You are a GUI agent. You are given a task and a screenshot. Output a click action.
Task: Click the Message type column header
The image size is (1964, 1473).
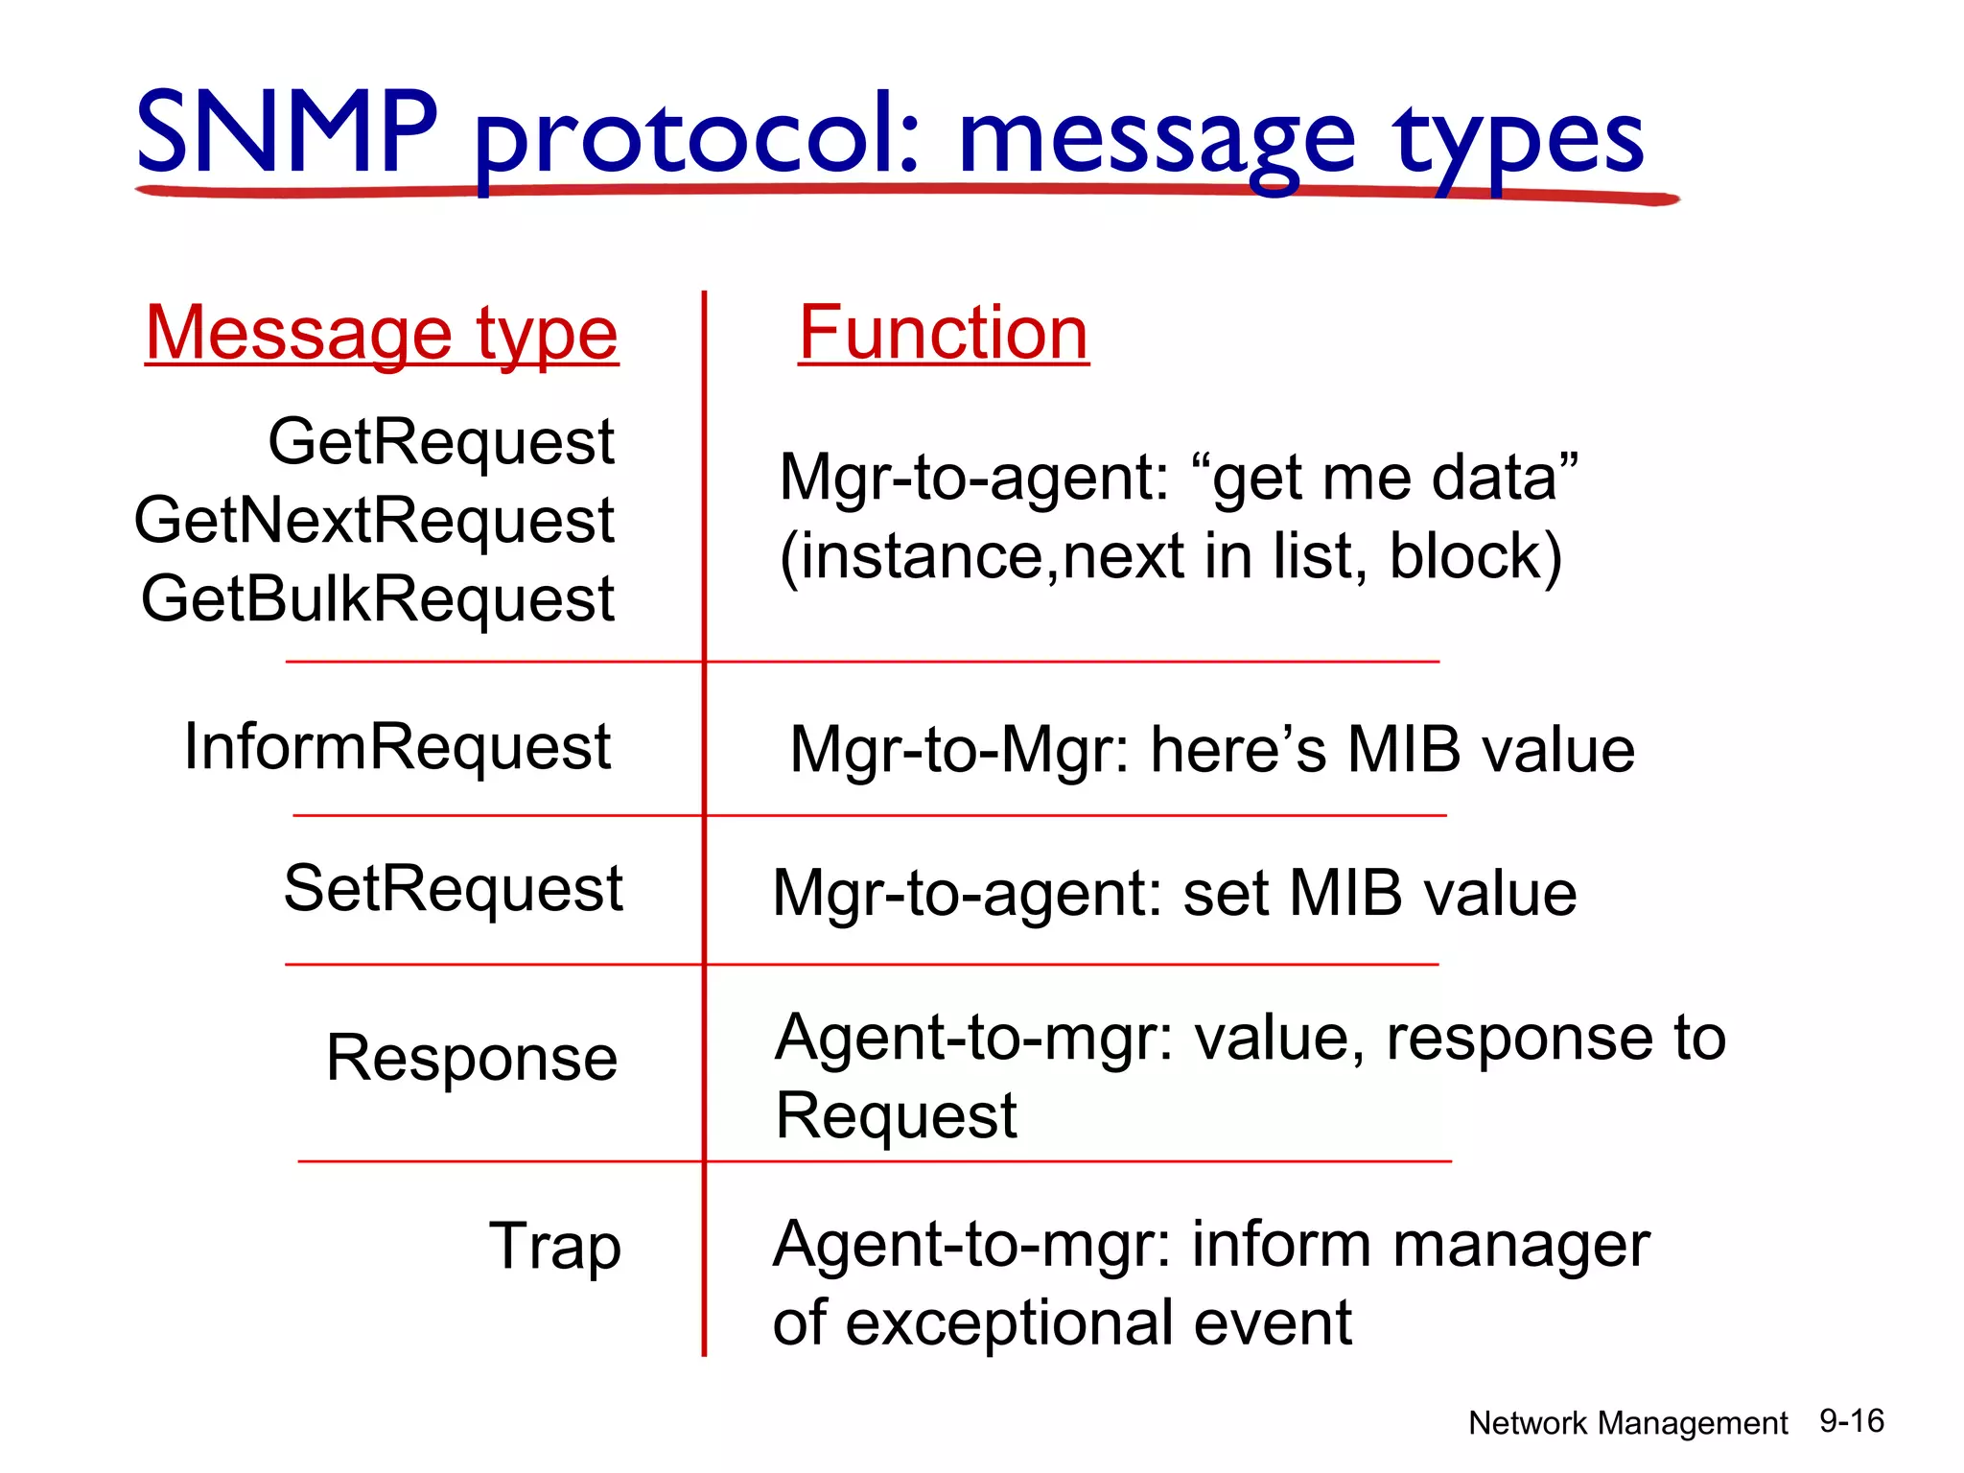coord(382,334)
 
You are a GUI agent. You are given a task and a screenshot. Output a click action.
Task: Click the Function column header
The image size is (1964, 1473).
coord(943,334)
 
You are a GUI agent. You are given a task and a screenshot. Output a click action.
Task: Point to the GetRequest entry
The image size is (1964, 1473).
coord(440,442)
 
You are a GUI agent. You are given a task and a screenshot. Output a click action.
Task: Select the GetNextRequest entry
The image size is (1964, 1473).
coord(374,521)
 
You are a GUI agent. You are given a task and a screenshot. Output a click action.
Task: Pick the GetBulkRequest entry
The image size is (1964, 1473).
coord(377,599)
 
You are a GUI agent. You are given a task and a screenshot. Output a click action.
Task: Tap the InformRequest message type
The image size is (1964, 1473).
coord(397,747)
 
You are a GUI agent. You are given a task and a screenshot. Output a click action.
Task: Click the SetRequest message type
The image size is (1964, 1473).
coord(453,888)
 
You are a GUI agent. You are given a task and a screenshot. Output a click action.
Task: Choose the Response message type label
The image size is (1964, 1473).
coord(471,1058)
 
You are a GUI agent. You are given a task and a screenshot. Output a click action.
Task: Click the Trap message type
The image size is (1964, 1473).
coord(554,1246)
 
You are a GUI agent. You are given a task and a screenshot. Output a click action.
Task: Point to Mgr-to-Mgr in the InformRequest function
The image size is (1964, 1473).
coord(959,750)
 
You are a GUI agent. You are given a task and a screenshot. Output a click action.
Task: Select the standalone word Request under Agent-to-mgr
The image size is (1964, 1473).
coord(895,1116)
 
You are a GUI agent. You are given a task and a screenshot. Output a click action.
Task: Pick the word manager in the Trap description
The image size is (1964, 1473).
coord(1521,1246)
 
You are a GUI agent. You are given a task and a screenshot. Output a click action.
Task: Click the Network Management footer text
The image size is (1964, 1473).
coord(1627,1423)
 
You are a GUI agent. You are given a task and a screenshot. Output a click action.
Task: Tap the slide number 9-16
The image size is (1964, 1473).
coord(1851,1421)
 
